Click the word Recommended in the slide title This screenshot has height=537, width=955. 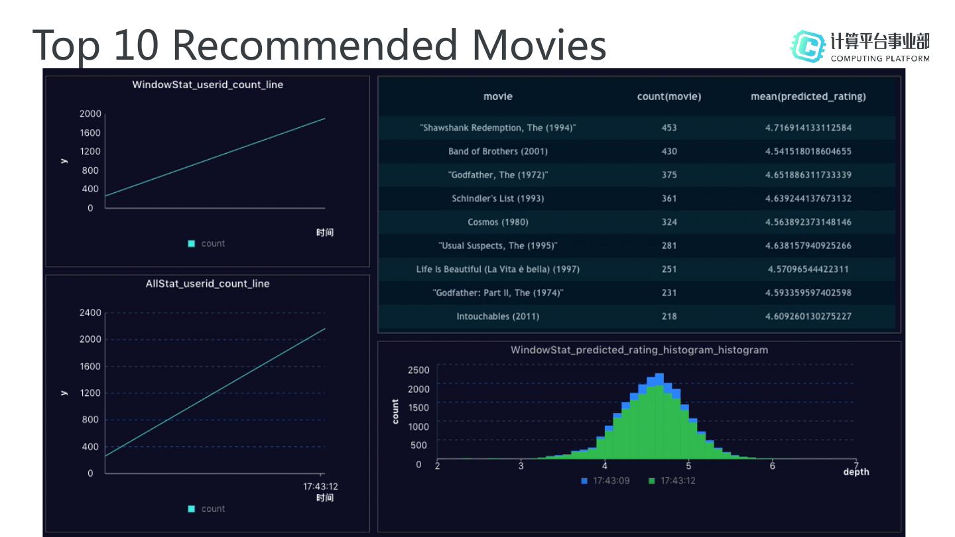(x=317, y=44)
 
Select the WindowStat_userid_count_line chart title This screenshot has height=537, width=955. (x=208, y=85)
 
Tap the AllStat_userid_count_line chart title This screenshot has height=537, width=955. (x=208, y=284)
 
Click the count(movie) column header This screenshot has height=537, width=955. (x=668, y=97)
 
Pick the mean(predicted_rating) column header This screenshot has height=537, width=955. (x=808, y=97)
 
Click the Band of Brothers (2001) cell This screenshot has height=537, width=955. (x=497, y=151)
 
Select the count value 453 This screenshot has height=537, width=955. (x=668, y=127)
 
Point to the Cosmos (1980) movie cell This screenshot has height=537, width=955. (x=497, y=222)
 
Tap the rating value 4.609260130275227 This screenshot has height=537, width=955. (x=808, y=316)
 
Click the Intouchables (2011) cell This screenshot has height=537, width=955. (x=497, y=316)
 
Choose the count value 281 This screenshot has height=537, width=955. (x=668, y=245)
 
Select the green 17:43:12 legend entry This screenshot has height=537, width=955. (x=672, y=481)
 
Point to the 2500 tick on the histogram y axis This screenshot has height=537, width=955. (x=418, y=370)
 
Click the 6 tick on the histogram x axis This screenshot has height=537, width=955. (x=773, y=466)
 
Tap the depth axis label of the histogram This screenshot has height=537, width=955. (x=856, y=472)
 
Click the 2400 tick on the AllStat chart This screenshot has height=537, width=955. (x=90, y=313)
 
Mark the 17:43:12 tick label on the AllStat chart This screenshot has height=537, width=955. (x=320, y=487)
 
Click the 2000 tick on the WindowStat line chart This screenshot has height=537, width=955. (x=90, y=114)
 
